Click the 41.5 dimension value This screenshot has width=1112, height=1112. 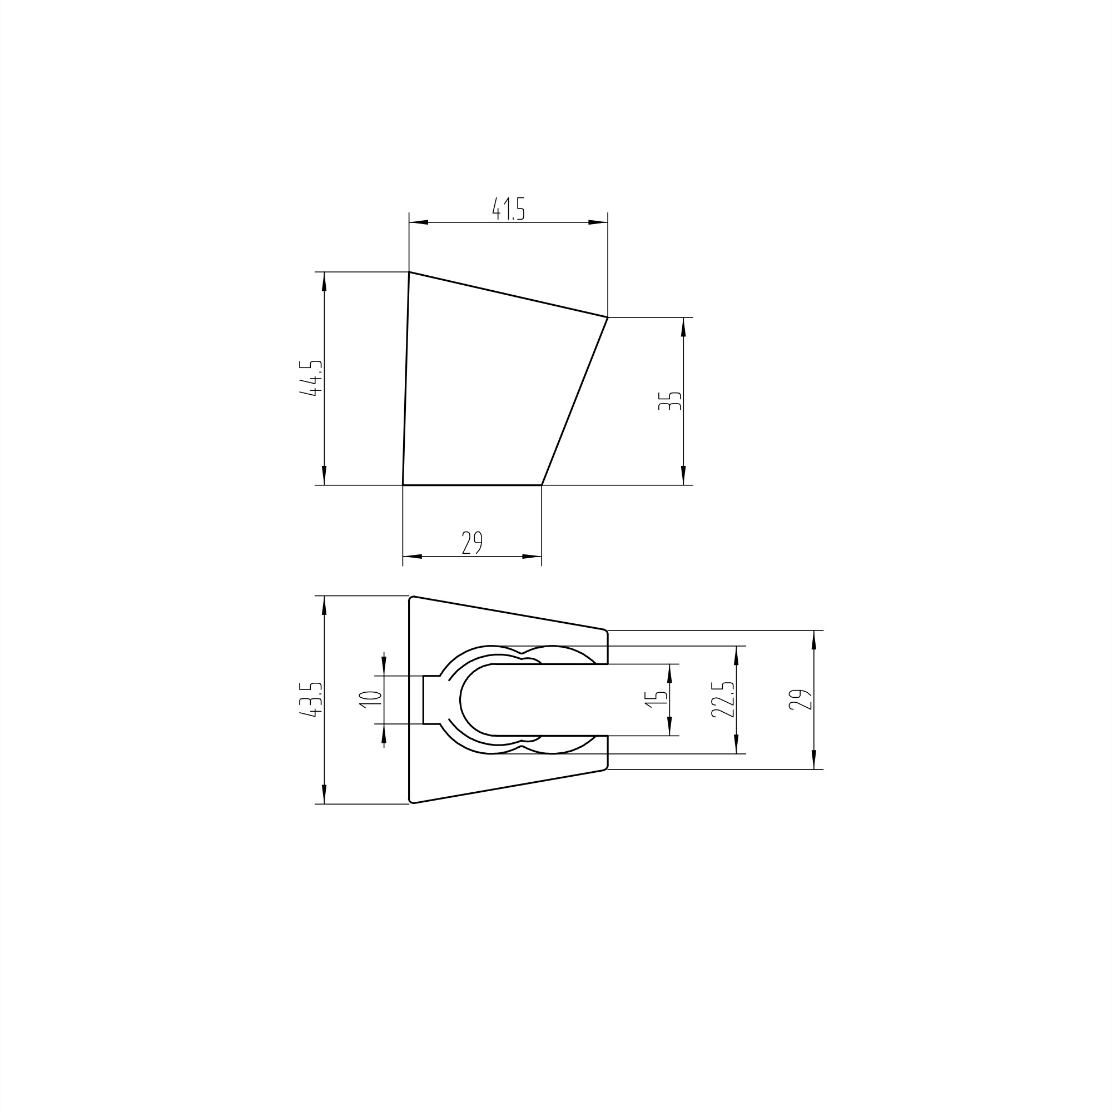509,209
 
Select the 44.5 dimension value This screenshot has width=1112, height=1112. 311,378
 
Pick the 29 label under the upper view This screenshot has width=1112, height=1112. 472,543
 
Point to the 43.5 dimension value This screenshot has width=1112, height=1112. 311,699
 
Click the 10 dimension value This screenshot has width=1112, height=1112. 371,699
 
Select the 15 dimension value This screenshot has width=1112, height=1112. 656,699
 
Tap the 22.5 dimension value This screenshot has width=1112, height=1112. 723,699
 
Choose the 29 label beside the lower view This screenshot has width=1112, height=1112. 801,699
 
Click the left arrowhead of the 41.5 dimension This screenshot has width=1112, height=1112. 419,222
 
